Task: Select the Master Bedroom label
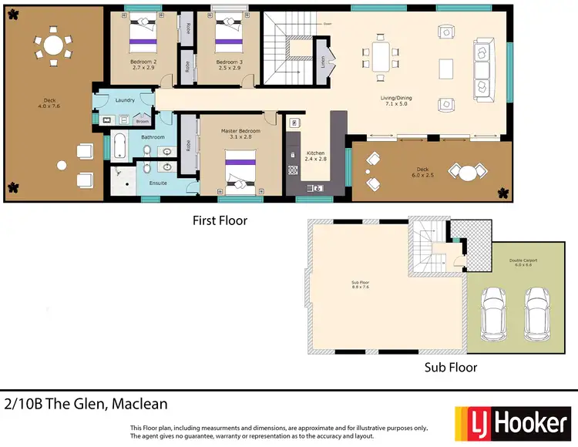[x=240, y=133]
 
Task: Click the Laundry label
[x=125, y=100]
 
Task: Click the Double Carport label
[x=523, y=262]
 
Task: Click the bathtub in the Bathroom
[x=120, y=146]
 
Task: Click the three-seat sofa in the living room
[x=482, y=69]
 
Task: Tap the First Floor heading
[x=220, y=220]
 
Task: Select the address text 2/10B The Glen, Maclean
[x=86, y=404]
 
